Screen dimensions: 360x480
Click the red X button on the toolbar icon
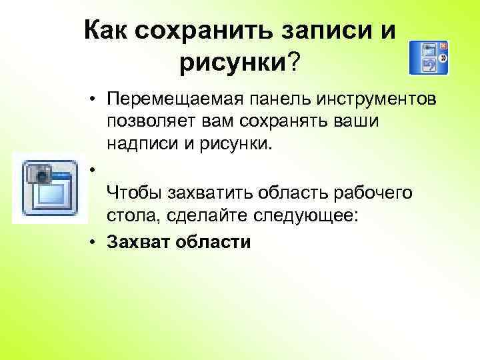[443, 45]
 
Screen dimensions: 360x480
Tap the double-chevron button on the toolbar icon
[443, 58]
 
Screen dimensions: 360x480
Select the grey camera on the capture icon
[39, 174]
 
